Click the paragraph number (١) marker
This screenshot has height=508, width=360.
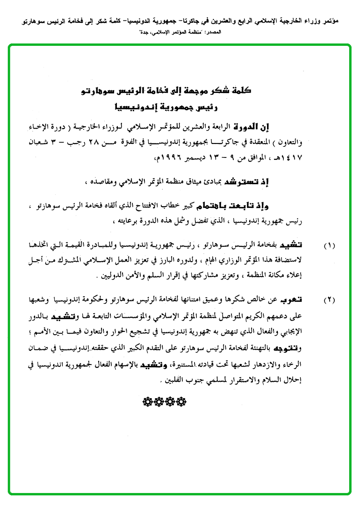pyautogui.click(x=330, y=245)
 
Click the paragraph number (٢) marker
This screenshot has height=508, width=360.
pyautogui.click(x=330, y=300)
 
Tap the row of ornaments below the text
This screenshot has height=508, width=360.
pyautogui.click(x=163, y=401)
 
